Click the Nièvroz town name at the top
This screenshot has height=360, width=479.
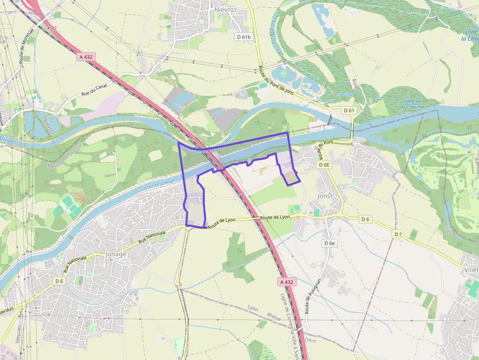(226, 9)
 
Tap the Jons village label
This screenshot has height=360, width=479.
(324, 196)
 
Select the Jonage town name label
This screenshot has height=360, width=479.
(116, 254)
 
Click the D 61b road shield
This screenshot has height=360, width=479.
(243, 37)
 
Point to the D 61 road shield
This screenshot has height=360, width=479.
(349, 110)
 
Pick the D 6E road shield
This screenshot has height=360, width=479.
(325, 165)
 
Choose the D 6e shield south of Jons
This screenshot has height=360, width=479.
(329, 243)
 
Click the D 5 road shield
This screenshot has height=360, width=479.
(397, 234)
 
